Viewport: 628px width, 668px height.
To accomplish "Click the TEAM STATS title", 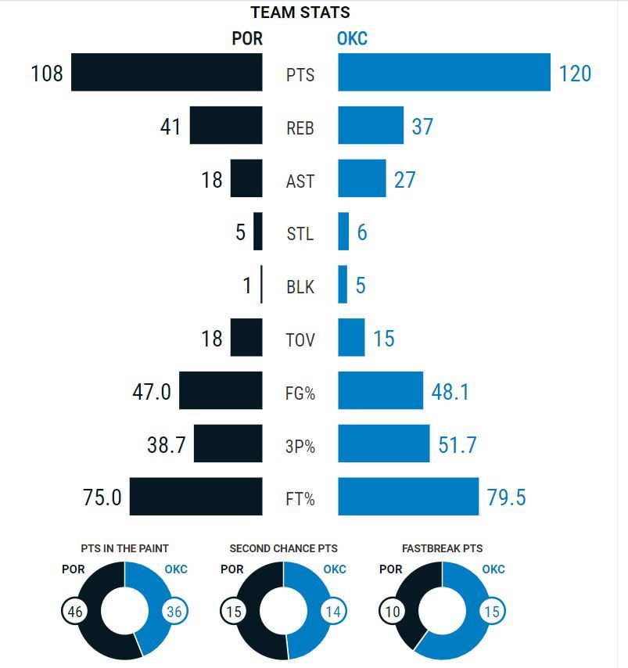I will pyautogui.click(x=300, y=13).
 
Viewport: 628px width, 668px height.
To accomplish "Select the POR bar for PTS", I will pyautogui.click(x=167, y=73).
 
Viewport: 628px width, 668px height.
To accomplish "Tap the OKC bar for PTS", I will pyautogui.click(x=444, y=73).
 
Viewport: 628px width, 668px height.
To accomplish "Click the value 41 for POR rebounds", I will pyautogui.click(x=170, y=127).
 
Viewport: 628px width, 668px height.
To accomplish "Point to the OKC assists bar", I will pyautogui.click(x=362, y=179).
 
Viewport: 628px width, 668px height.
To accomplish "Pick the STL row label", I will pyautogui.click(x=300, y=234).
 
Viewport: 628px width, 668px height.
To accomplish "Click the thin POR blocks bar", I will pyautogui.click(x=261, y=286).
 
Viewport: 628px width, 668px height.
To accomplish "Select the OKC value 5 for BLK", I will pyautogui.click(x=361, y=286).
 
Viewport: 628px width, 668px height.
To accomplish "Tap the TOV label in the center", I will pyautogui.click(x=300, y=339).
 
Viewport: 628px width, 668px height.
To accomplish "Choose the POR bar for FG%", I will pyautogui.click(x=221, y=391).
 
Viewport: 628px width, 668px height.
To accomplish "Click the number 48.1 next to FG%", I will pyautogui.click(x=450, y=392).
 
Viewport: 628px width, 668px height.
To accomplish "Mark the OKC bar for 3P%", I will pyautogui.click(x=383, y=444).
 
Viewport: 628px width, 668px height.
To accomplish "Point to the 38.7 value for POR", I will pyautogui.click(x=166, y=445).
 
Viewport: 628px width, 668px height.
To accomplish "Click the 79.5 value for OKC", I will pyautogui.click(x=507, y=497).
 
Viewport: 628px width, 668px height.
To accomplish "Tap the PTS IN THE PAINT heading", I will pyautogui.click(x=124, y=549).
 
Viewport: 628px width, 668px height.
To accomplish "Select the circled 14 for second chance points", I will pyautogui.click(x=333, y=612).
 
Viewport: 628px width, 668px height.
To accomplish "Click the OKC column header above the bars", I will pyautogui.click(x=352, y=38).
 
